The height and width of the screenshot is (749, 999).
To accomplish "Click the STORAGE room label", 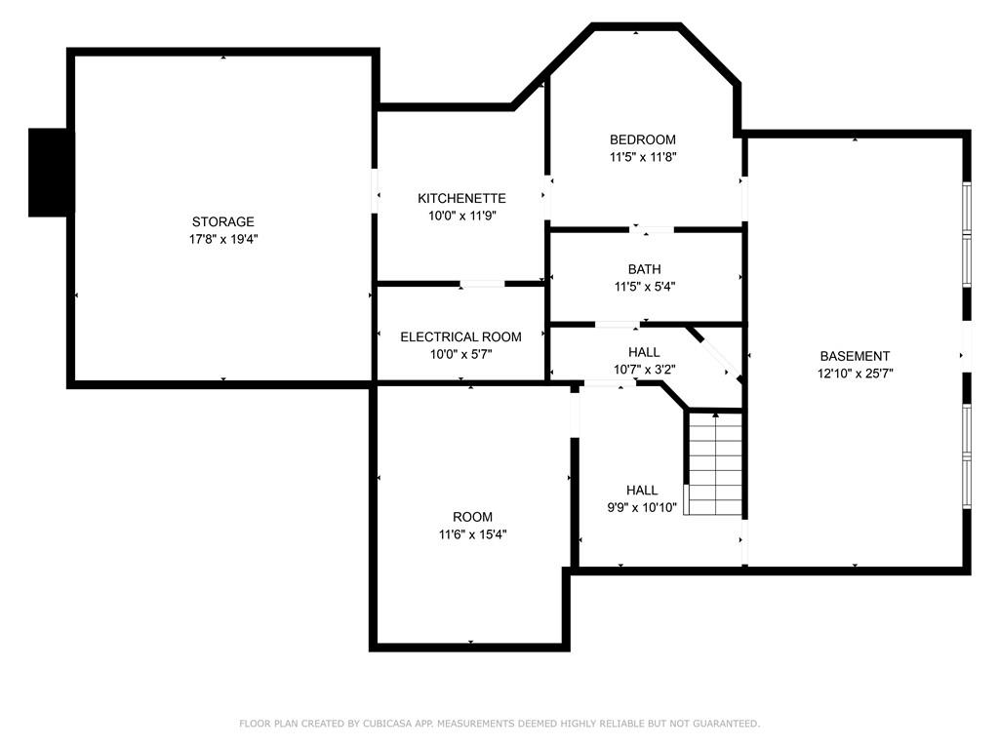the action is pyautogui.click(x=223, y=221).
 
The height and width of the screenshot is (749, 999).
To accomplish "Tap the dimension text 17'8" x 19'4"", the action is pyautogui.click(x=223, y=240).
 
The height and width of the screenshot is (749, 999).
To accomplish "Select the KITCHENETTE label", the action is pyautogui.click(x=461, y=198).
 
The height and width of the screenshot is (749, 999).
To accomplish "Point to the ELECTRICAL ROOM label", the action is pyautogui.click(x=460, y=336).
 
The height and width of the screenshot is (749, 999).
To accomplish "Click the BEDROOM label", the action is pyautogui.click(x=643, y=139).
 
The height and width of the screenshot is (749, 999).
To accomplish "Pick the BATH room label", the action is pyautogui.click(x=644, y=269).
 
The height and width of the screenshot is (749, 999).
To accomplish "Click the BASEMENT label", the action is pyautogui.click(x=855, y=356).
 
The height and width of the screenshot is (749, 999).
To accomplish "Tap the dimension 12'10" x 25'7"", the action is pyautogui.click(x=855, y=374).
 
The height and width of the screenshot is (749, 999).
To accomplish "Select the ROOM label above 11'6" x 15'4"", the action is pyautogui.click(x=472, y=517).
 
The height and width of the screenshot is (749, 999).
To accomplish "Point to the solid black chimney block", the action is pyautogui.click(x=50, y=173).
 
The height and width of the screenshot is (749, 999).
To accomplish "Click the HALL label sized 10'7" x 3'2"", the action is pyautogui.click(x=644, y=352).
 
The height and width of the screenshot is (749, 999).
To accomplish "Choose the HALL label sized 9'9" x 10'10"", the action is pyautogui.click(x=642, y=491).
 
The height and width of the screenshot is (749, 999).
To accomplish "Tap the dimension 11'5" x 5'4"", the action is pyautogui.click(x=644, y=288).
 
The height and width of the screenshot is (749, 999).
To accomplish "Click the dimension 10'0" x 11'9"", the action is pyautogui.click(x=461, y=216).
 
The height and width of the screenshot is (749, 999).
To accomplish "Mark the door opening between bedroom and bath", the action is pyautogui.click(x=651, y=229).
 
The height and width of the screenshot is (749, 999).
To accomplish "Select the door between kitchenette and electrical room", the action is pyautogui.click(x=482, y=284).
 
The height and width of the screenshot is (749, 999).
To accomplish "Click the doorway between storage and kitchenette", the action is pyautogui.click(x=375, y=190).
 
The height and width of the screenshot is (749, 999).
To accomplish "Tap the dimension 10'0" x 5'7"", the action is pyautogui.click(x=460, y=355).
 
